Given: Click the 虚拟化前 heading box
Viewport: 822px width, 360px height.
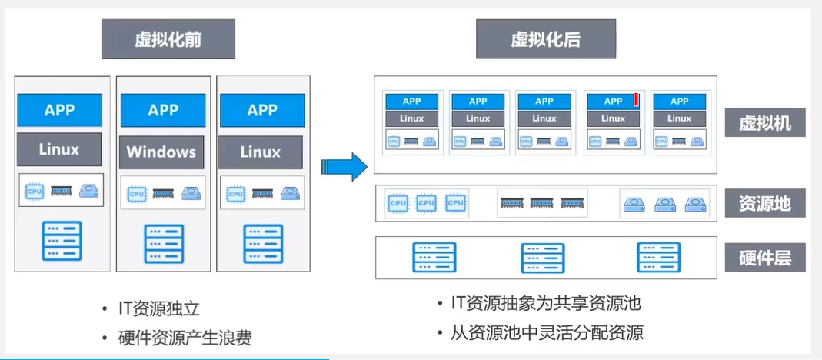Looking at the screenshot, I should [168, 39].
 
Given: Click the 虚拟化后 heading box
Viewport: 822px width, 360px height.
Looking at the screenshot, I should [545, 39].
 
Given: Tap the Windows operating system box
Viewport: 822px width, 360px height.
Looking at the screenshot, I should [162, 152].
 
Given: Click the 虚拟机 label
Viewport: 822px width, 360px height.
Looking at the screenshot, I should [765, 122].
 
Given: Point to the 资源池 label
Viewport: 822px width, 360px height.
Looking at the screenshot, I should [765, 204].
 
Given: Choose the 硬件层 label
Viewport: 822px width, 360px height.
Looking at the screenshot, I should [765, 258].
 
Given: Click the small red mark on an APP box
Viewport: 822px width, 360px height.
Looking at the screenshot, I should [636, 99].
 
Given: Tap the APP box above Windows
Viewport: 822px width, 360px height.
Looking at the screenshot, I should [162, 110].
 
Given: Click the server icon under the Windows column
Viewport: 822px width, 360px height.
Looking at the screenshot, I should [163, 244].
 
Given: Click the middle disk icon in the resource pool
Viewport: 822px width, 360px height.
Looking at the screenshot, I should [664, 205].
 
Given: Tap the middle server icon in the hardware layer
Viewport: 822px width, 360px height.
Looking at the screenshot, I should [543, 258].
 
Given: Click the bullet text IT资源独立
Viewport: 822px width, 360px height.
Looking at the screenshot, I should [158, 309].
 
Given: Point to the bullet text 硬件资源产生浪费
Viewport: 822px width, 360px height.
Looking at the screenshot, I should [185, 337].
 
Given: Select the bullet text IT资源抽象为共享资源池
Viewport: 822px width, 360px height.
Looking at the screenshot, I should [545, 303].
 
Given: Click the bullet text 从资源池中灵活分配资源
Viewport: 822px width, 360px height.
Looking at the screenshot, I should [546, 333].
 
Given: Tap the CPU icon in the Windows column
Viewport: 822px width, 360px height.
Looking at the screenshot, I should [136, 193].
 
